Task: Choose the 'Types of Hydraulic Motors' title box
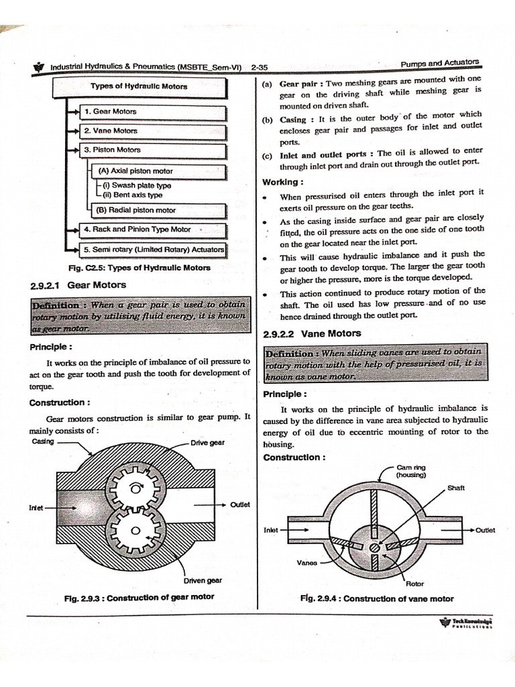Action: point(139,87)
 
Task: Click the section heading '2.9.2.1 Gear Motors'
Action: point(70,284)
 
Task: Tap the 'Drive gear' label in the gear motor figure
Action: point(208,443)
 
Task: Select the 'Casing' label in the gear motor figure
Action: point(43,441)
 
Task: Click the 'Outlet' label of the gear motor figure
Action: point(239,504)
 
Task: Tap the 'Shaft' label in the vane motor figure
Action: point(455,488)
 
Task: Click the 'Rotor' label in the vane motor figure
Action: point(414,584)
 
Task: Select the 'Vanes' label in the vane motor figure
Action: point(306,563)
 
